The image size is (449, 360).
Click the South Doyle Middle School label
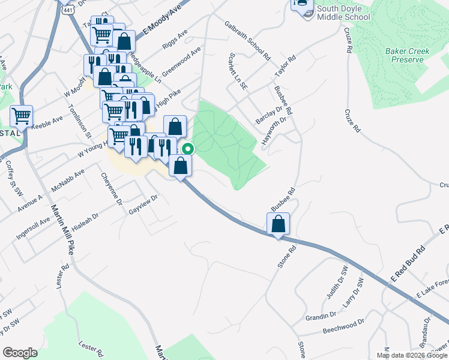click(x=343, y=13)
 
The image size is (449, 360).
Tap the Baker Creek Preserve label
click(x=411, y=55)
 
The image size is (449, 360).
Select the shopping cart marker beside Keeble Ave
click(x=22, y=116)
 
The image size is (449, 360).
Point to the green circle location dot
click(x=188, y=149)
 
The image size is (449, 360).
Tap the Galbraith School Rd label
click(x=247, y=41)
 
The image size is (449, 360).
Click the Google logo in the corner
click(x=20, y=353)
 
